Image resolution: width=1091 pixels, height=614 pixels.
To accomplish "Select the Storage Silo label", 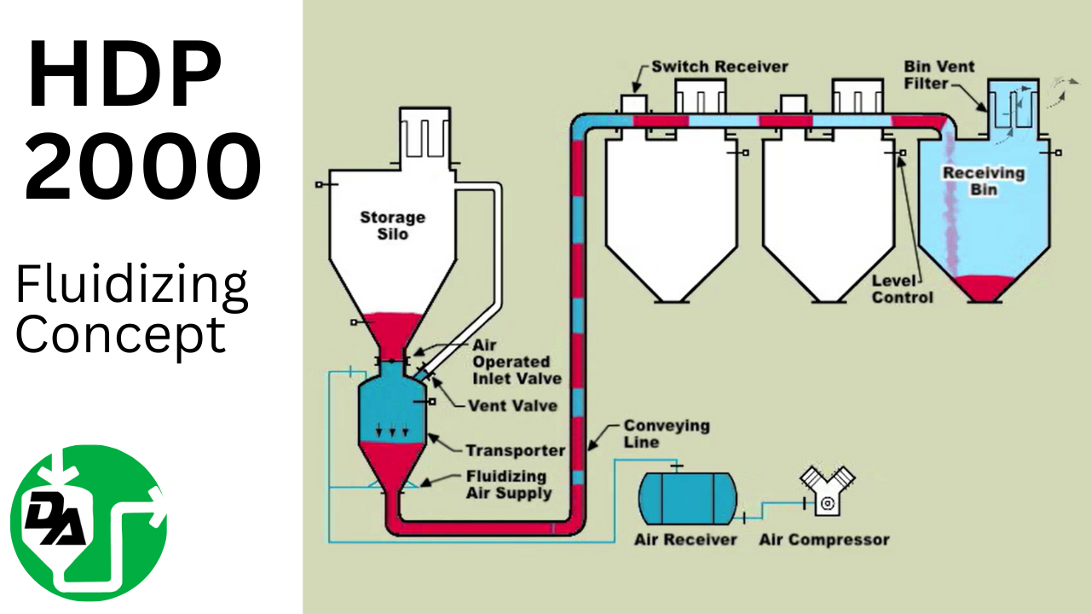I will click(x=393, y=224).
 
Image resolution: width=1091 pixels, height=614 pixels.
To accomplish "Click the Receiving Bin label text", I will click(x=983, y=180).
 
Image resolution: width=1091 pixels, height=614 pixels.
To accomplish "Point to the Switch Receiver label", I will click(x=719, y=67).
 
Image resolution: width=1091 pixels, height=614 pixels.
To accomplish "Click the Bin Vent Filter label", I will click(x=939, y=75).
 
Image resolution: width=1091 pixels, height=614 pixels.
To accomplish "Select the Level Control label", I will click(x=903, y=288).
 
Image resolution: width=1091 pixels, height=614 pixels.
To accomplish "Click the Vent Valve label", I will click(x=511, y=406).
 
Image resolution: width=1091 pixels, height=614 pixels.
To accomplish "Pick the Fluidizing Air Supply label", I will click(x=508, y=484).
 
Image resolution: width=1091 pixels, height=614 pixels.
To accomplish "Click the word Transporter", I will click(x=515, y=450).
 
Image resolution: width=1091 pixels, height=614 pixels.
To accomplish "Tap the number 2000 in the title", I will click(x=142, y=166).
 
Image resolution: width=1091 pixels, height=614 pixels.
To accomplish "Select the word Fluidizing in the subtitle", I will click(x=132, y=287).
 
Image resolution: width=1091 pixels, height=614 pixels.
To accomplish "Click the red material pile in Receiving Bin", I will click(x=983, y=287).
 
